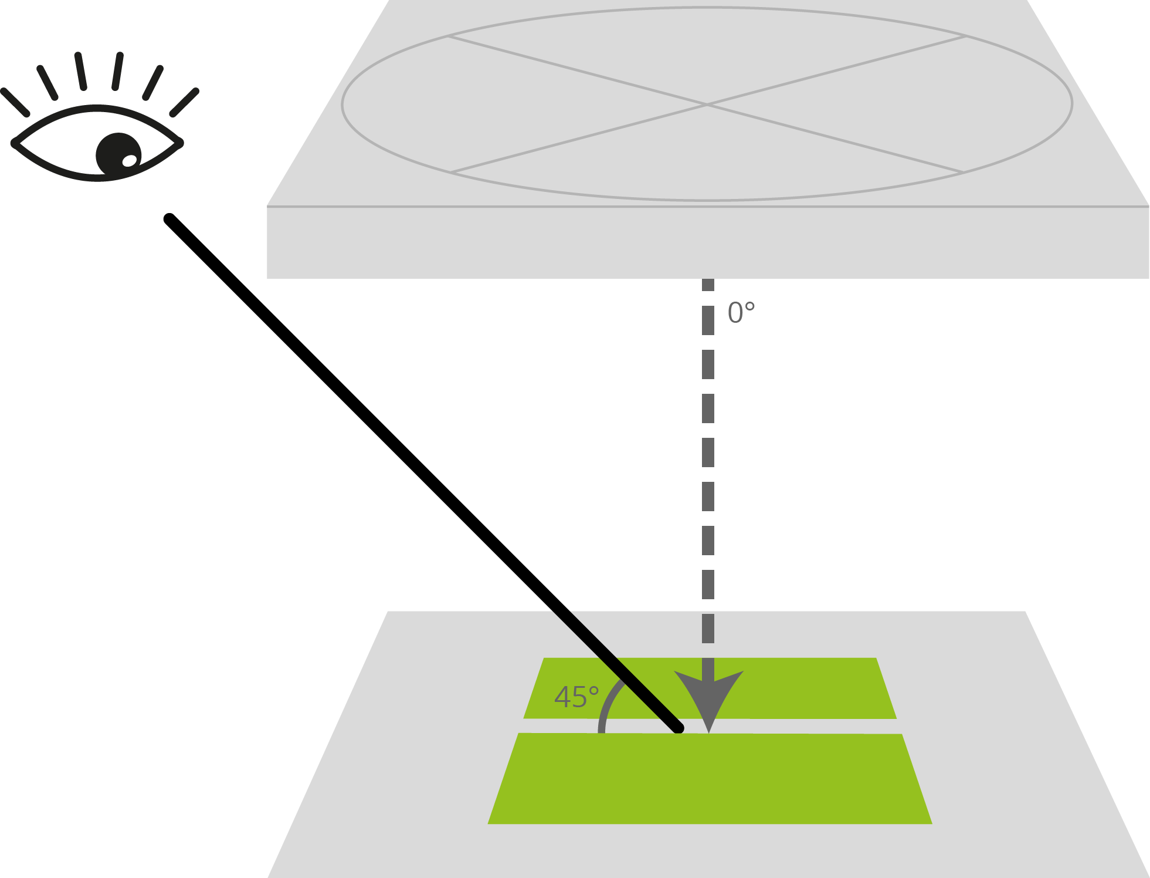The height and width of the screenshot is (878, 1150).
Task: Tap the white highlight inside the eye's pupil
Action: pos(129,161)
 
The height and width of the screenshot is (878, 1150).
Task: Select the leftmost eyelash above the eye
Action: pos(15,103)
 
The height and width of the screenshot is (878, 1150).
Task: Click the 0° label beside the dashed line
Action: pos(741,313)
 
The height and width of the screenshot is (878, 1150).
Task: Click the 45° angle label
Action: pos(576,698)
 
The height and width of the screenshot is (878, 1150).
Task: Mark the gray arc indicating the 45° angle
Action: pos(606,704)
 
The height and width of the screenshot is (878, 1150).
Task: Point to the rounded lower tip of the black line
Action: pos(679,728)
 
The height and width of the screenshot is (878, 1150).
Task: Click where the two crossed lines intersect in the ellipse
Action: pos(707,104)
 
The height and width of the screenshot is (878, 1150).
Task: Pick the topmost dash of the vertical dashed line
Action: pos(708,285)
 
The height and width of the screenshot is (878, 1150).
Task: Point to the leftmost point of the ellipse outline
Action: pos(342,104)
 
